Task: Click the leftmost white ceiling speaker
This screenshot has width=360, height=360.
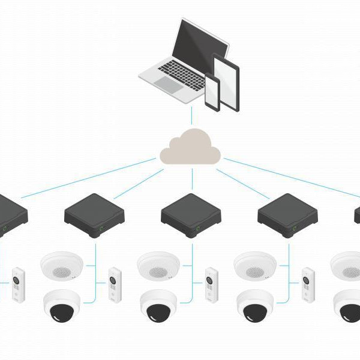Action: [x=62, y=265]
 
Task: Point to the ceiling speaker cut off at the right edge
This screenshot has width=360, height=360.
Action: [x=346, y=265]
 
